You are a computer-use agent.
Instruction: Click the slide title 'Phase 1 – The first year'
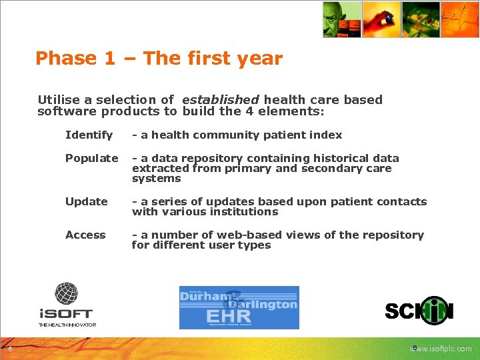click(x=159, y=59)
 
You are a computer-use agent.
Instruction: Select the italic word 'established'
click(x=220, y=100)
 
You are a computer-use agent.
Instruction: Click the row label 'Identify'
click(x=89, y=135)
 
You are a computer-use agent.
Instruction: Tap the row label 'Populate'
click(x=91, y=159)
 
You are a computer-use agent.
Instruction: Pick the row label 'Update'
click(x=86, y=202)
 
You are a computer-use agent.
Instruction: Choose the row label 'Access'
click(x=85, y=235)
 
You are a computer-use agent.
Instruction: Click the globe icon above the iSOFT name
click(x=67, y=293)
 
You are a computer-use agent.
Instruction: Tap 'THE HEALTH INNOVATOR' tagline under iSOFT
click(x=67, y=325)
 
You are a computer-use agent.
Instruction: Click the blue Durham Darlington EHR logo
click(x=239, y=307)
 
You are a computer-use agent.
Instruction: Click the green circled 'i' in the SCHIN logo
click(x=435, y=310)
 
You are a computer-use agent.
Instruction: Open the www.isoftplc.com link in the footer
click(x=442, y=349)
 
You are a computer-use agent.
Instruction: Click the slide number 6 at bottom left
click(x=10, y=349)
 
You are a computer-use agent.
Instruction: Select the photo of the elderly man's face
click(x=342, y=19)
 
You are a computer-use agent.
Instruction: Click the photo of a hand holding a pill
click(x=381, y=19)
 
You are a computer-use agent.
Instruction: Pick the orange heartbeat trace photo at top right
click(x=461, y=19)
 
